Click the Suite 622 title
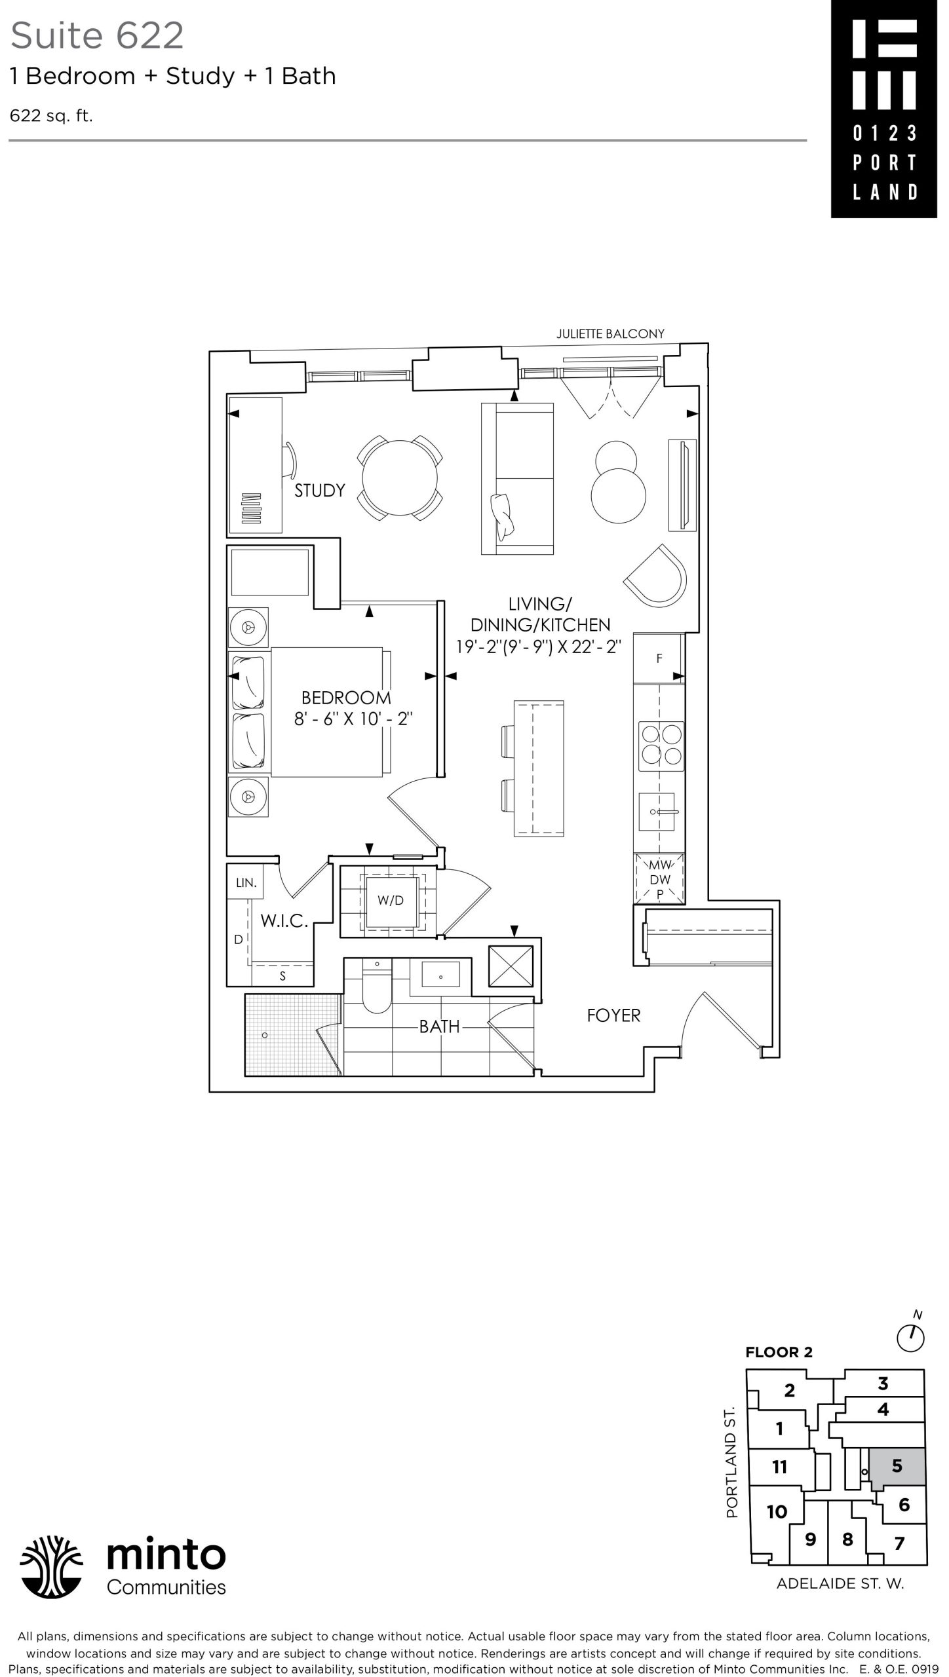97,35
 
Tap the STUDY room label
319,490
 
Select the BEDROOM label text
346,698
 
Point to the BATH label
440,1027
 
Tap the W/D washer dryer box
391,901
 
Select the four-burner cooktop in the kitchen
661,746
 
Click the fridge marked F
659,658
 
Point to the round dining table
400,478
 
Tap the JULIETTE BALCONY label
610,333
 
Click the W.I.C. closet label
284,921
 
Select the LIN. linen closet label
246,882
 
